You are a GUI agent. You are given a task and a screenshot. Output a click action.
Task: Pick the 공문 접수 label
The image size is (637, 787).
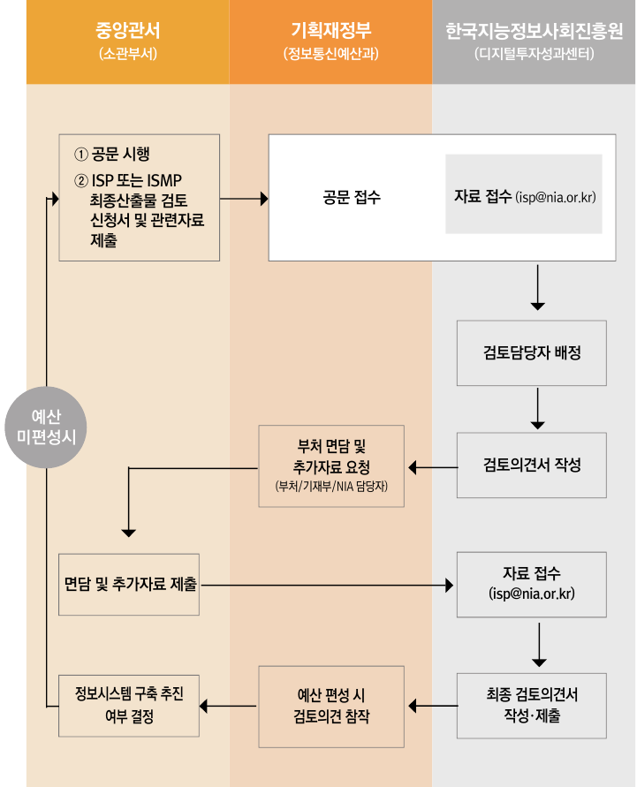352,198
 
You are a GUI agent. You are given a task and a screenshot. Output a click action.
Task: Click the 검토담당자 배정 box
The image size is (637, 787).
532,352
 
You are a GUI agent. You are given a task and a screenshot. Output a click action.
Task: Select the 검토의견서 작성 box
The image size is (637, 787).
532,465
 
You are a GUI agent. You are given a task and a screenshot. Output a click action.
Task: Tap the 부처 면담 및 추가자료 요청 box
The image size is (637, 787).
331,465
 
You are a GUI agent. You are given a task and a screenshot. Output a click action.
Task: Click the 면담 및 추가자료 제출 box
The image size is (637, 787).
129,585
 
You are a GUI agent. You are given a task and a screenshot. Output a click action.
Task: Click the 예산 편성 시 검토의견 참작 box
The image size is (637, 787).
331,706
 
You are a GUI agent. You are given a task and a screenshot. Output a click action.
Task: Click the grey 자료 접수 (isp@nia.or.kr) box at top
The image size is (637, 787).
523,196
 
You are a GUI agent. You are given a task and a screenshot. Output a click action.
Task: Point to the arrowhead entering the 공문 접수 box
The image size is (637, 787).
263,199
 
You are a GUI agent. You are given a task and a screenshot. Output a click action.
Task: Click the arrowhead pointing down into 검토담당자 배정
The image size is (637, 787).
537,306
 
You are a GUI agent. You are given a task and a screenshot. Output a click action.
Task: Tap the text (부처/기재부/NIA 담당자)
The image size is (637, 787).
331,487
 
